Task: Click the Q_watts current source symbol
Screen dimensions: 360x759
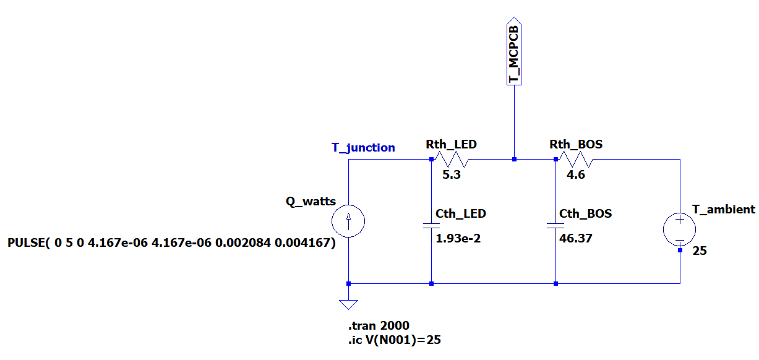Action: point(348,221)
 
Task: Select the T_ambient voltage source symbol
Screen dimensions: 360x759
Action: point(679,229)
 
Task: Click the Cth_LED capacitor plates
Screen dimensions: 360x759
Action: point(431,226)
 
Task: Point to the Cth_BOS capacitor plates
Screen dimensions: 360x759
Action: point(555,226)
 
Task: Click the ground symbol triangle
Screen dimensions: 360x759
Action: point(348,304)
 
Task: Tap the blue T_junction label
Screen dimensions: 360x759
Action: point(363,147)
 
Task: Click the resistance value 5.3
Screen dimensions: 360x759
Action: point(452,175)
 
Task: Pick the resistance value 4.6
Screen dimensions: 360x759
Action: point(576,175)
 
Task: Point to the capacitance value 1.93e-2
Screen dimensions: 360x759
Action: point(458,238)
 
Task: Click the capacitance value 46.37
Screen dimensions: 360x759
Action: point(575,238)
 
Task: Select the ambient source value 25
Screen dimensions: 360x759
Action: point(699,251)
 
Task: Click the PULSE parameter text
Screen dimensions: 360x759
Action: point(171,243)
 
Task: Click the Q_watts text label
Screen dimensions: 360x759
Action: point(311,201)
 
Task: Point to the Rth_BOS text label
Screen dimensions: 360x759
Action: point(576,144)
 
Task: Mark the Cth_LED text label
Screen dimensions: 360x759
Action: point(461,213)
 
